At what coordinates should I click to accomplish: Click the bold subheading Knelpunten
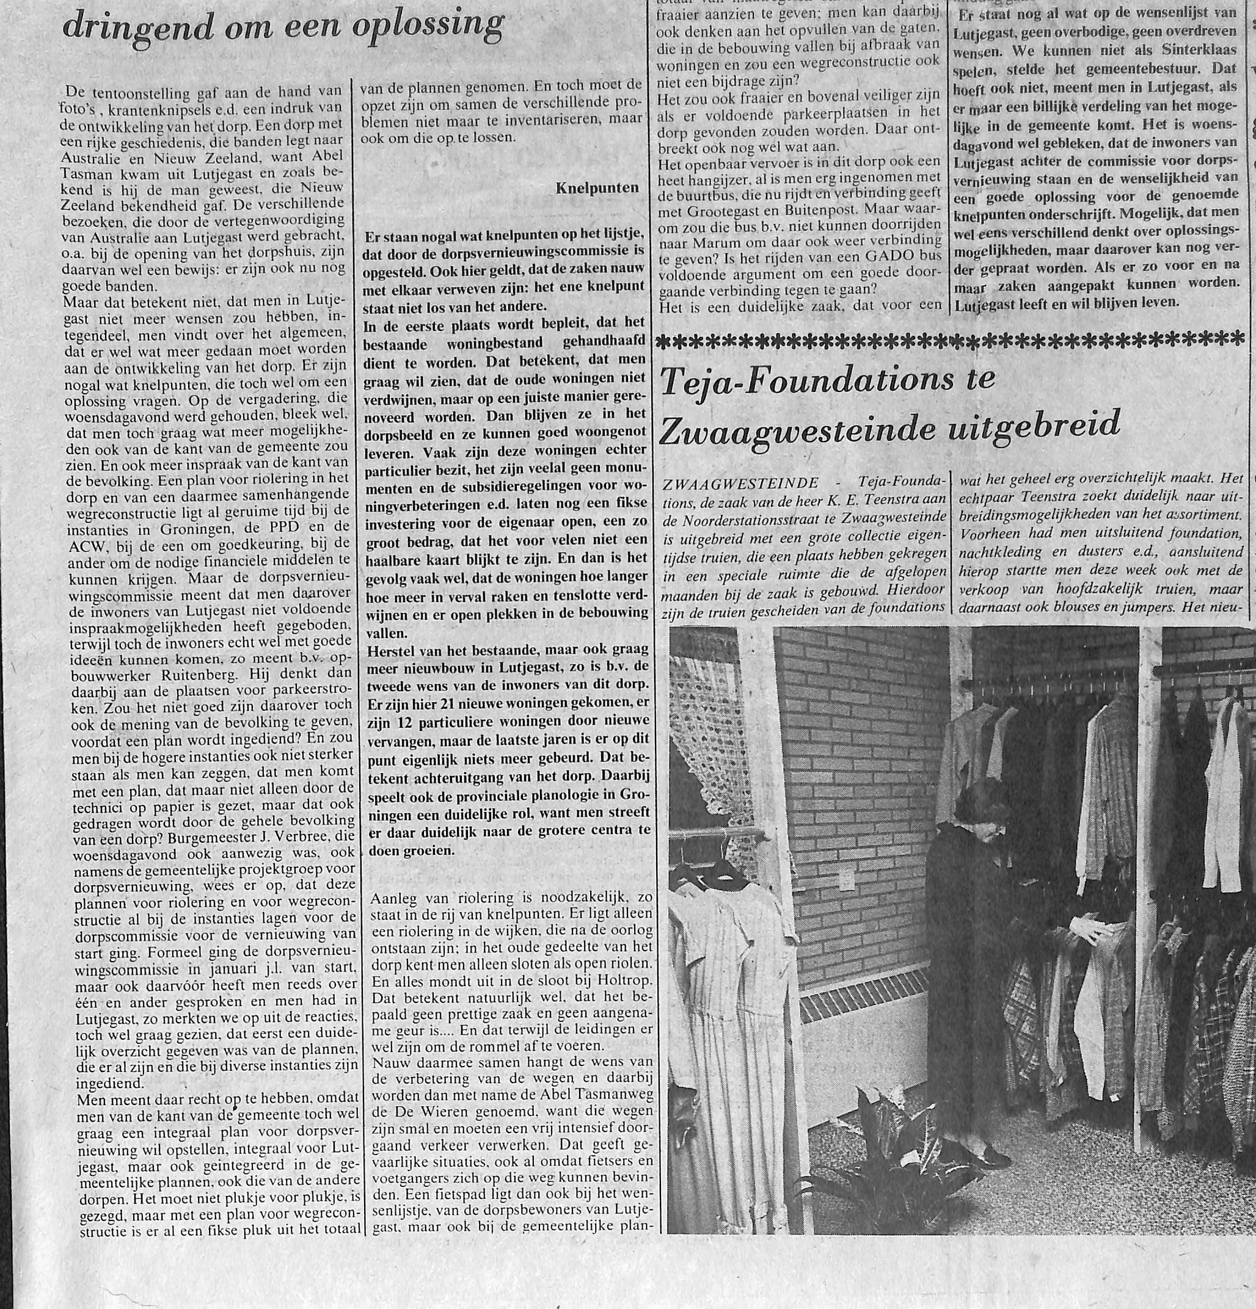coord(597,188)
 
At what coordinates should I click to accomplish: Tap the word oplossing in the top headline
coord(428,24)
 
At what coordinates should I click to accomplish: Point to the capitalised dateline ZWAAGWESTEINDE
coord(737,482)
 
